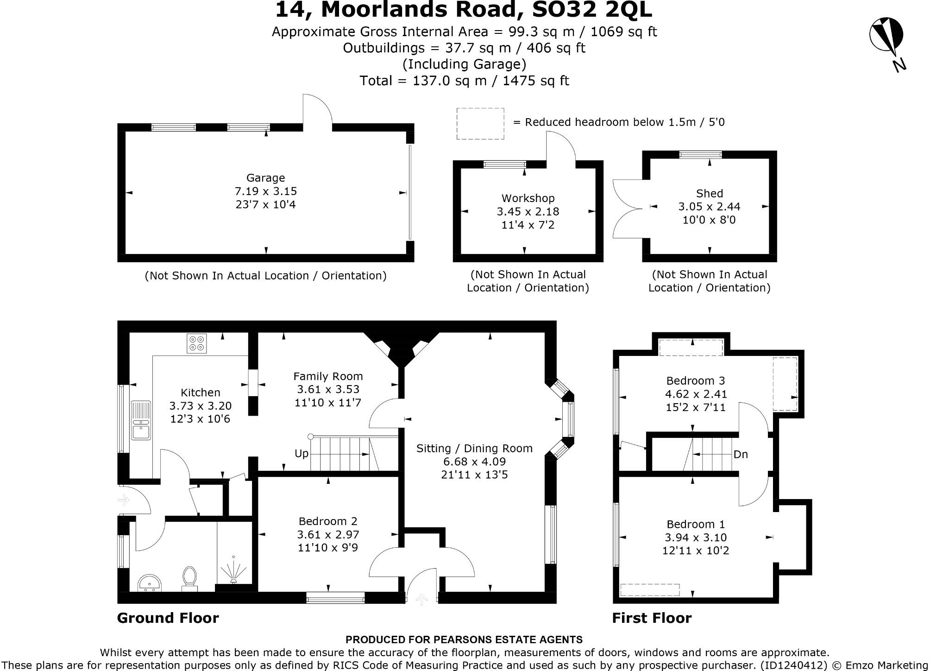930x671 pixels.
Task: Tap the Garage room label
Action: (265, 178)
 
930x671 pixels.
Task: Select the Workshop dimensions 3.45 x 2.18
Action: (528, 212)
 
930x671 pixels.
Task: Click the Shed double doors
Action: (627, 209)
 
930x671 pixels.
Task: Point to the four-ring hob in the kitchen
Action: (196, 343)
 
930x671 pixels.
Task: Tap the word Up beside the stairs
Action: (301, 454)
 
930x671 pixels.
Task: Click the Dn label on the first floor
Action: (741, 455)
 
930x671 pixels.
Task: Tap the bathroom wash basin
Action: (150, 582)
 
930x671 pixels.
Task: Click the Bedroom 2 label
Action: (327, 521)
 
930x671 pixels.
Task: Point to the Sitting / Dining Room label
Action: (474, 449)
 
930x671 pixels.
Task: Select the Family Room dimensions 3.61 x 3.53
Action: (328, 389)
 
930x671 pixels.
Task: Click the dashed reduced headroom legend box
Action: (480, 123)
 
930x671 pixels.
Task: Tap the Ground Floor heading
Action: (168, 618)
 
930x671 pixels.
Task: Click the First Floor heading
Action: (652, 618)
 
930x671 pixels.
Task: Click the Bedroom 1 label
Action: (695, 525)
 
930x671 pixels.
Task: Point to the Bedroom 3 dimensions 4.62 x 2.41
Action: (696, 394)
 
